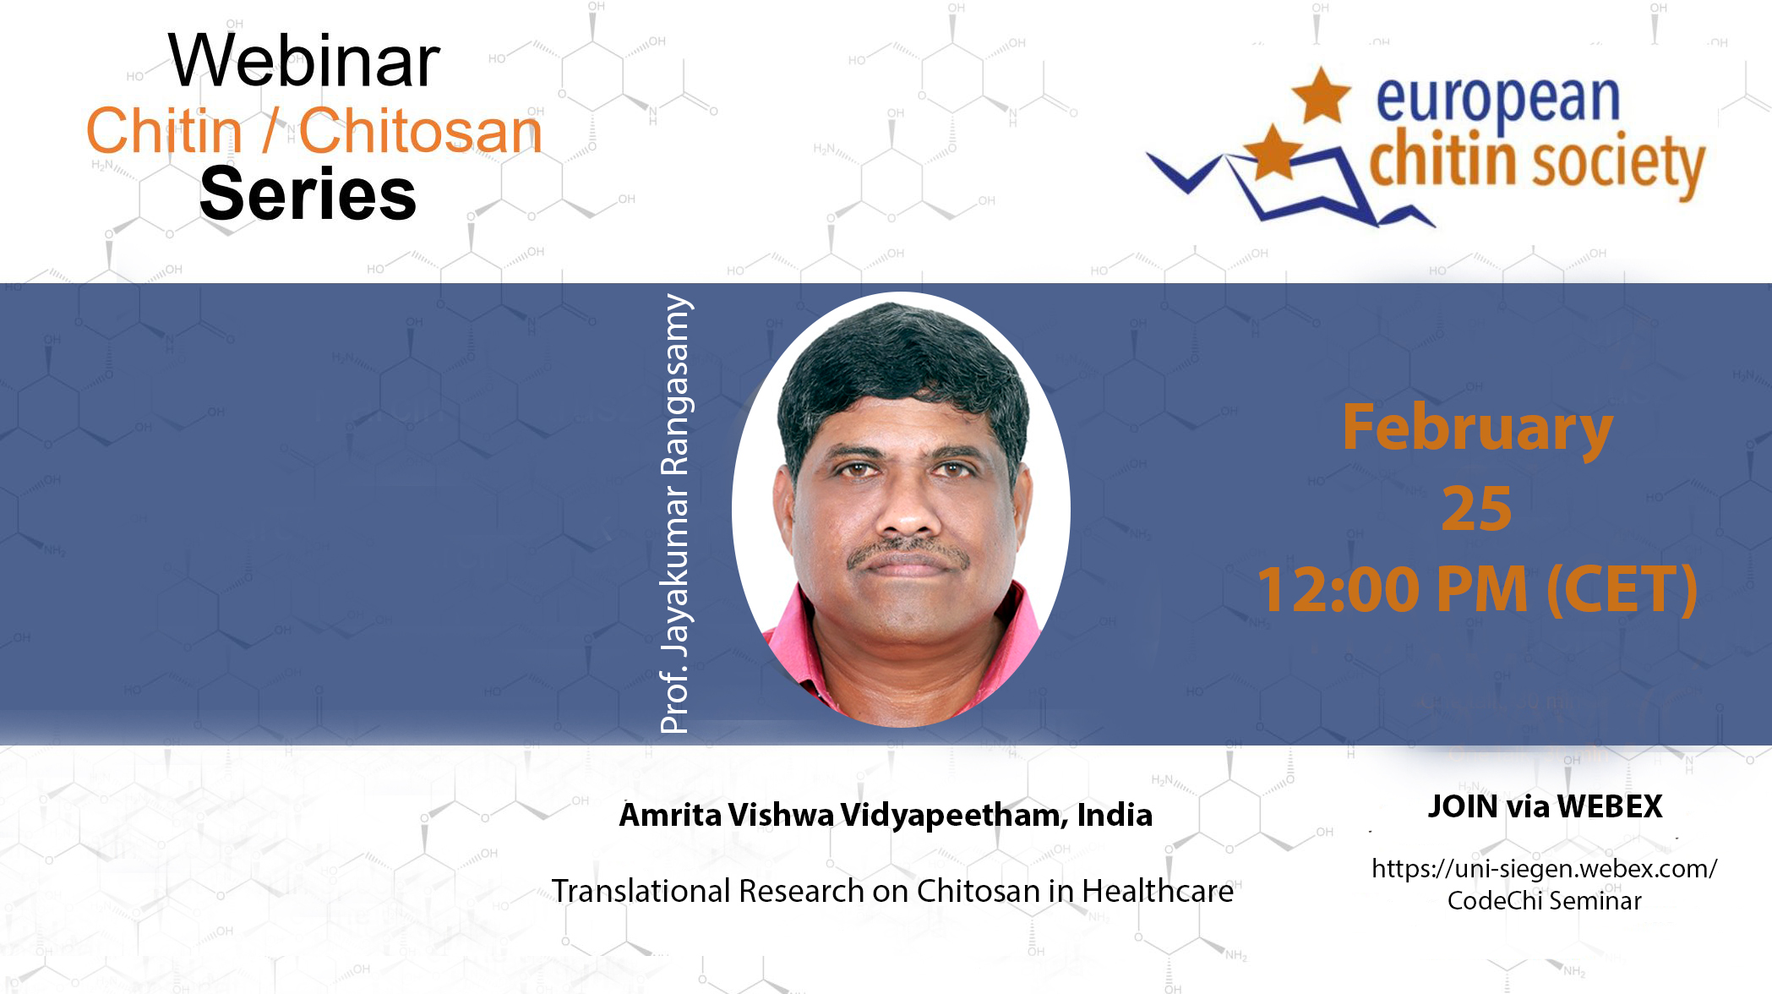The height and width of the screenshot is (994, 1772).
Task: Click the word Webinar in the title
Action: [304, 61]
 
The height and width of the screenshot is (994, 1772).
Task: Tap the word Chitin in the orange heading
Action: [165, 132]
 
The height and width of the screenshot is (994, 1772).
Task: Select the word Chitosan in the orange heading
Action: [420, 132]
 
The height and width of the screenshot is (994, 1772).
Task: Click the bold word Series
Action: [308, 194]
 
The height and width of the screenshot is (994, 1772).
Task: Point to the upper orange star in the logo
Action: [1321, 95]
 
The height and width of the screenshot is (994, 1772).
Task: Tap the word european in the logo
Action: [1497, 101]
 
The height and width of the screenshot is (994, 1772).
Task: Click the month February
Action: [1477, 429]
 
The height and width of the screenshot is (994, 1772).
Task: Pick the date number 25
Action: [1477, 509]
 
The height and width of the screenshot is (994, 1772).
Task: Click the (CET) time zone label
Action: [1622, 589]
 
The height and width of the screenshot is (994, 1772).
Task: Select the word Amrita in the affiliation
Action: [669, 815]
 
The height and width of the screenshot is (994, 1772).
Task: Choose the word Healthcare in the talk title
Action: [1158, 891]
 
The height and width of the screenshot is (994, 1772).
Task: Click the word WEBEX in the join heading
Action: [1610, 806]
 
